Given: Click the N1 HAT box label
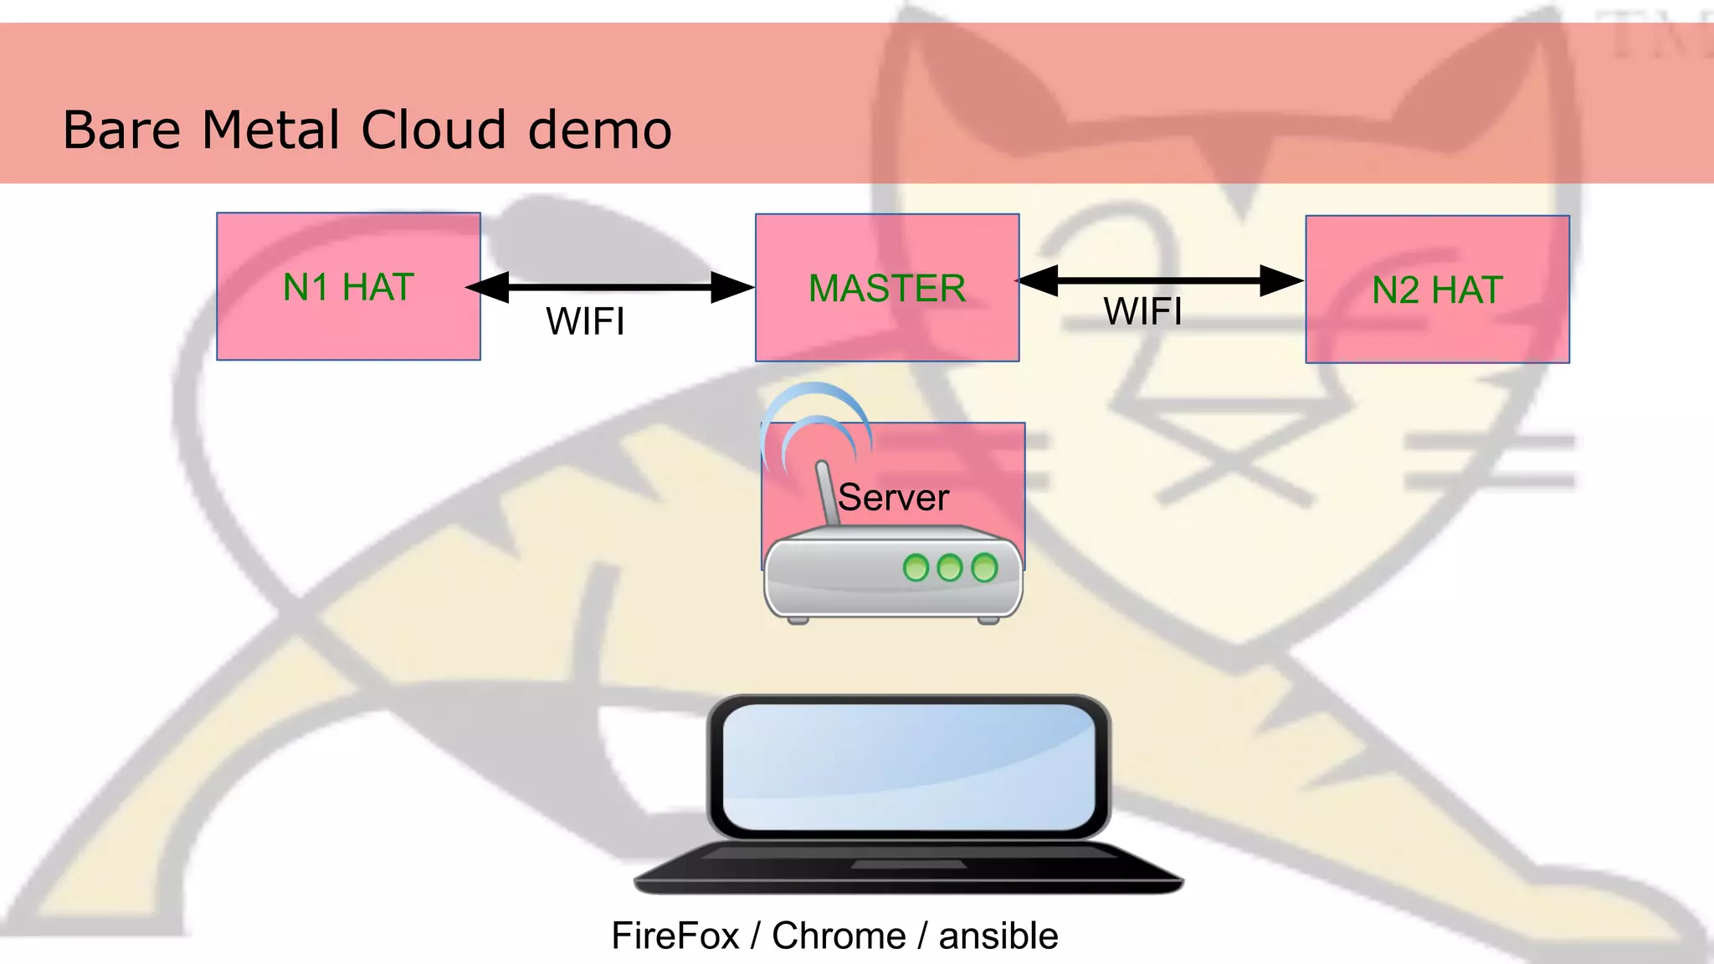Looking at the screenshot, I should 348,287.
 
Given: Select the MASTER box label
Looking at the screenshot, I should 887,289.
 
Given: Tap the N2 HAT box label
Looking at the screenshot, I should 1437,290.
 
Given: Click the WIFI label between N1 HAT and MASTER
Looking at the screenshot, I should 585,321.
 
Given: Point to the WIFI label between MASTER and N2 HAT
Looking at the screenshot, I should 1142,311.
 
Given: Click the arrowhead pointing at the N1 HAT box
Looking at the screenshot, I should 488,287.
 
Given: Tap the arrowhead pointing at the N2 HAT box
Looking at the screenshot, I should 1280,281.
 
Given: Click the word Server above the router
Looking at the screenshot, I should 893,497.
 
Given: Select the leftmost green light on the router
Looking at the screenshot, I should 916,568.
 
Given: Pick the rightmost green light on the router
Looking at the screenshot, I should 984,567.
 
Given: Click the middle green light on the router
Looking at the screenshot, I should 950,567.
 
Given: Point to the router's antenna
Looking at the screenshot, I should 827,494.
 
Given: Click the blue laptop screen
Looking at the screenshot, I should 908,766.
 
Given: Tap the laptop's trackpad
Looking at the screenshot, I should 908,864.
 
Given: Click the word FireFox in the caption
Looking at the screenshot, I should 675,936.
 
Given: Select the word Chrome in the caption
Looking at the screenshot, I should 839,936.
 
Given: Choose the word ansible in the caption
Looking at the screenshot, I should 998,936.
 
